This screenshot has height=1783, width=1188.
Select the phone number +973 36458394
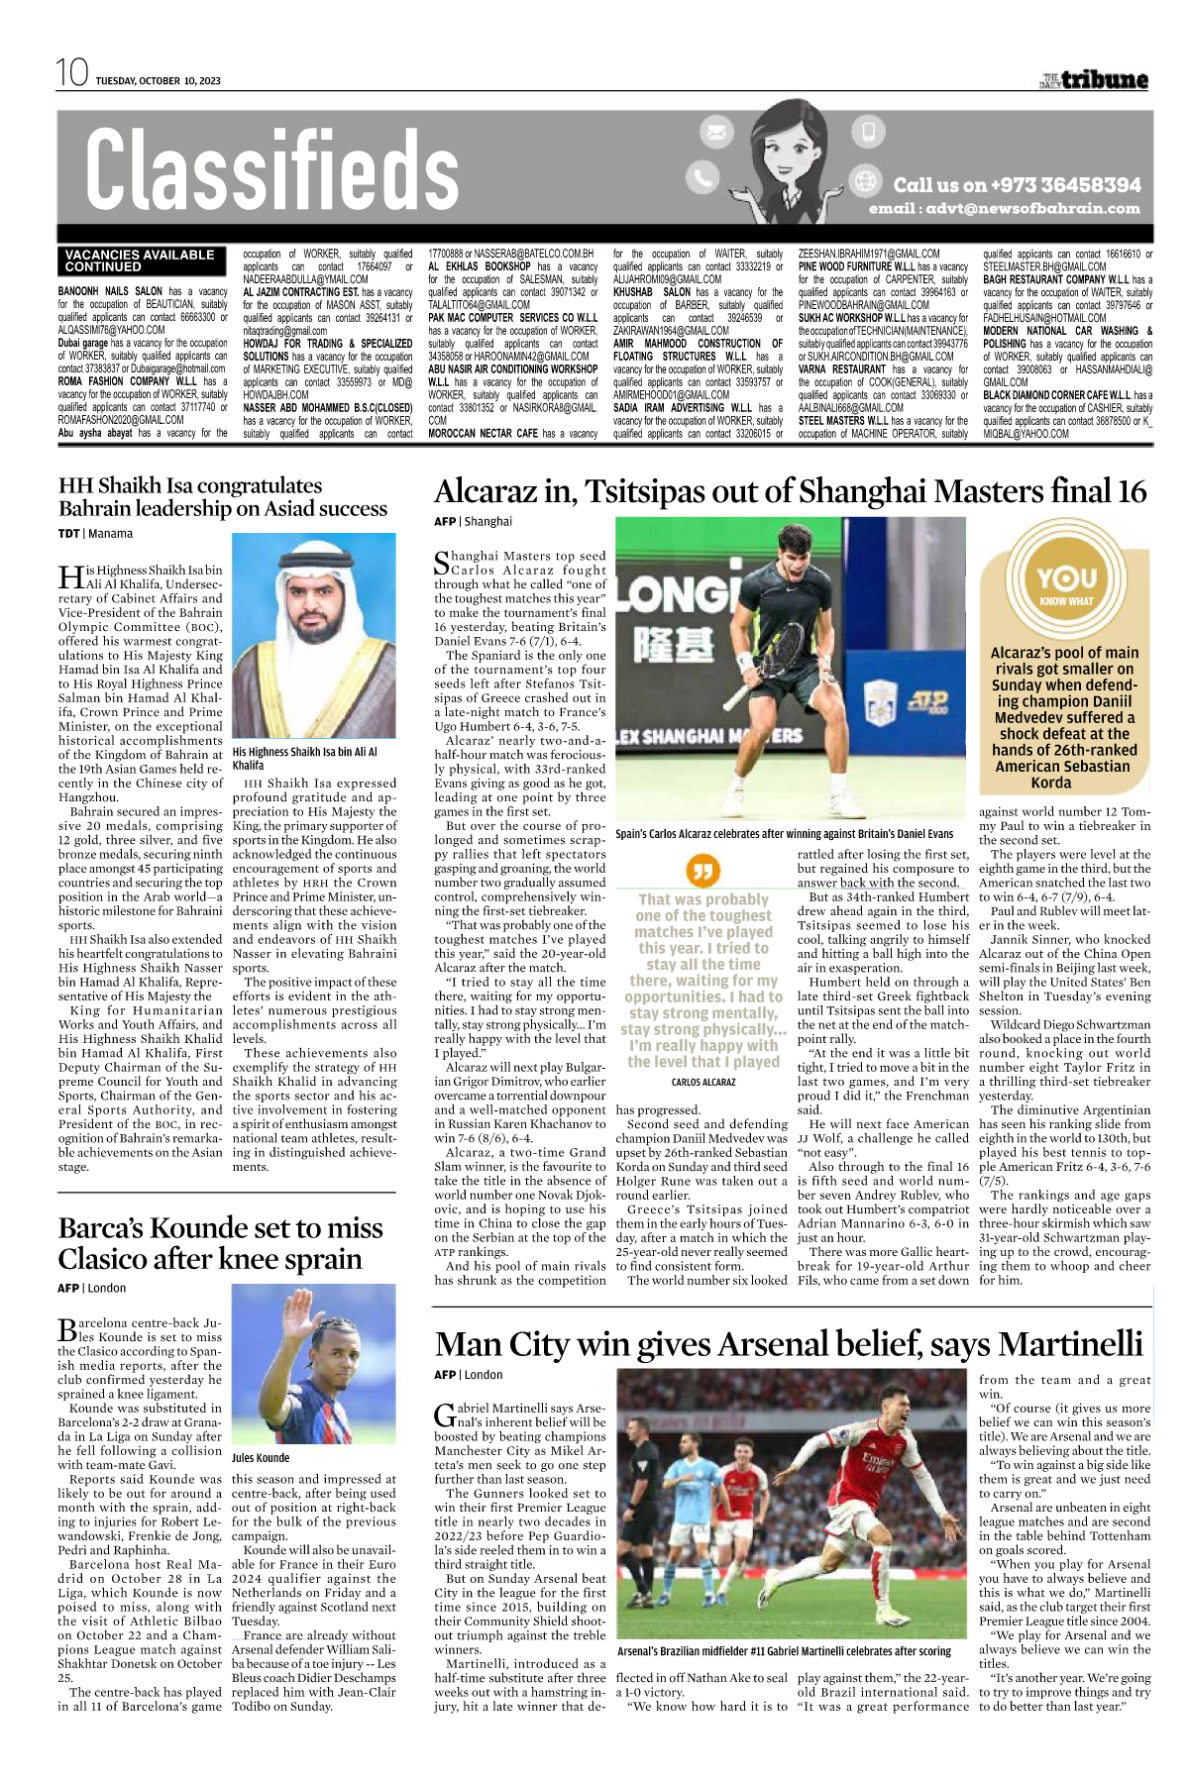click(x=1065, y=185)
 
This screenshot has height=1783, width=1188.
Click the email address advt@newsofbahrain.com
click(x=1004, y=209)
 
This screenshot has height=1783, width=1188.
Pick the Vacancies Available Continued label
click(x=140, y=261)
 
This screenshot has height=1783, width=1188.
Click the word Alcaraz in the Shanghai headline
click(x=495, y=491)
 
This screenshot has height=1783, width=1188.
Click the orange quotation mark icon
click(x=702, y=871)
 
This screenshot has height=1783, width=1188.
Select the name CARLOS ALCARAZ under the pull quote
click(x=703, y=1083)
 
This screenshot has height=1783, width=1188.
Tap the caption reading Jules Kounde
click(x=261, y=1458)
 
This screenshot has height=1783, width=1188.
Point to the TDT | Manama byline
click(x=95, y=534)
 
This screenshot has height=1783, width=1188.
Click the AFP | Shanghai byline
click(x=473, y=522)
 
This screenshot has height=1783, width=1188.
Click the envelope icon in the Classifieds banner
click(x=715, y=132)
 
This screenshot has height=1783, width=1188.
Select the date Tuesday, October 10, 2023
click(x=159, y=81)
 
